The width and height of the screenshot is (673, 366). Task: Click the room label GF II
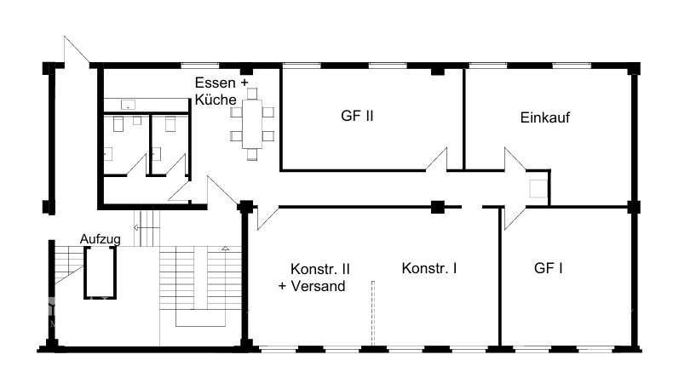click(356, 117)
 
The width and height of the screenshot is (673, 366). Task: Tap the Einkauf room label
click(544, 117)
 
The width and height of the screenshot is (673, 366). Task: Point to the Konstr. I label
click(429, 268)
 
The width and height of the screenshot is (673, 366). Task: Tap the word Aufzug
click(101, 239)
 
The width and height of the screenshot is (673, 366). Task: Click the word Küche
click(216, 100)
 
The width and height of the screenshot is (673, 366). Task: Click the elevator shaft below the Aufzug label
click(99, 273)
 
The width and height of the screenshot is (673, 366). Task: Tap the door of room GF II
click(437, 160)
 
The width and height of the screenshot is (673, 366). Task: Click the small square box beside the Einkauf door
click(538, 189)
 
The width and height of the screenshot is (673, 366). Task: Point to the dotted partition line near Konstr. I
click(372, 315)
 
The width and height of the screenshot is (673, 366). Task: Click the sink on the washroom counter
click(129, 106)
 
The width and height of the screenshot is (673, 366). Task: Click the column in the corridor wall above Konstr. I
click(437, 206)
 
